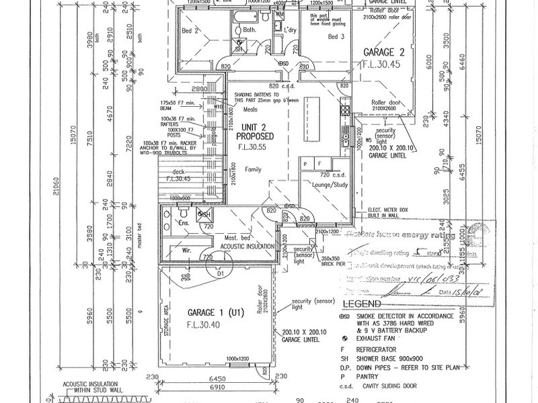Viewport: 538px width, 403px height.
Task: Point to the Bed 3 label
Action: [337, 36]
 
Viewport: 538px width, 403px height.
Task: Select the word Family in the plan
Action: [252, 171]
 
